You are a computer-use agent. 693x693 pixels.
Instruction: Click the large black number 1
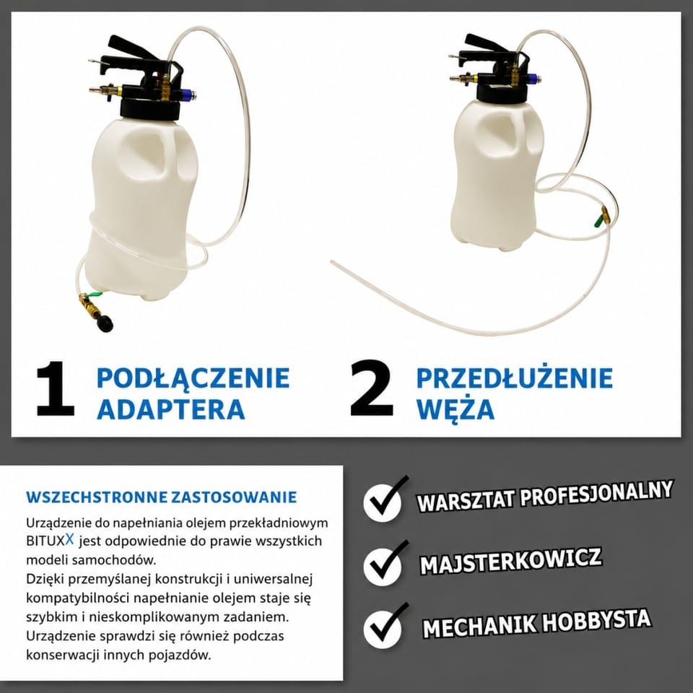pos(56,389)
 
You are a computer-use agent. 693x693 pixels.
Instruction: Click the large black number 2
pos(371,389)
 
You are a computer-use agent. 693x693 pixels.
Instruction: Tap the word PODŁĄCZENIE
pos(193,378)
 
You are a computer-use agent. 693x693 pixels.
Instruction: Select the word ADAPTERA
pos(170,409)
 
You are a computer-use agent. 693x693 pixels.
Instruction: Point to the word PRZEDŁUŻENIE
pos(515,378)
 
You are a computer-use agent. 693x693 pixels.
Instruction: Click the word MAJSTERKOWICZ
pos(510,561)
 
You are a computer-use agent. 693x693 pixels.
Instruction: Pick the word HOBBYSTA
pos(597,621)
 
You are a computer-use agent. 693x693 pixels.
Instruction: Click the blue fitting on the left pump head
pos(188,94)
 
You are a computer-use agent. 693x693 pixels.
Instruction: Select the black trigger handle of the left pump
pos(133,48)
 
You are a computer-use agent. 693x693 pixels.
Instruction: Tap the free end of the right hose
pos(331,262)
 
